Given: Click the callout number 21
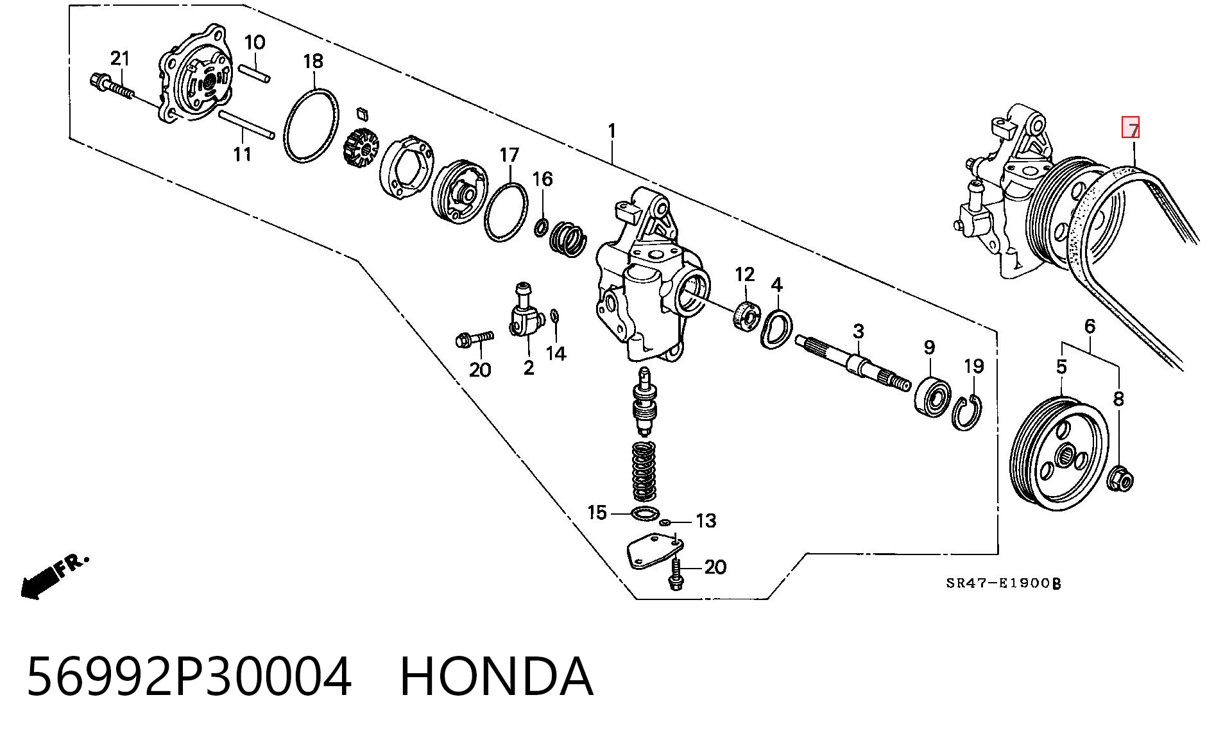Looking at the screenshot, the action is click(x=120, y=59).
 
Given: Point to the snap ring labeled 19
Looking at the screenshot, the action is click(x=966, y=413).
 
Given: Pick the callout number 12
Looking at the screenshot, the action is click(x=745, y=275).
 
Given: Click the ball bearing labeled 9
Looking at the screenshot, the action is click(x=932, y=395).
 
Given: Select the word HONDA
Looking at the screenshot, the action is click(x=496, y=675).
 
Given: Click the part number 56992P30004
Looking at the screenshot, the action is click(x=189, y=675).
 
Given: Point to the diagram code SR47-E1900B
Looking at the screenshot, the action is click(x=1004, y=583).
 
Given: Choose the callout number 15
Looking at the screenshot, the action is click(x=597, y=513).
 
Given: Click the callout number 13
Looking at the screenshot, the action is click(x=706, y=520).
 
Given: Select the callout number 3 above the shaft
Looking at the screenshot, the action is click(x=858, y=331).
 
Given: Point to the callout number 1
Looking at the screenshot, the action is click(x=612, y=131).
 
